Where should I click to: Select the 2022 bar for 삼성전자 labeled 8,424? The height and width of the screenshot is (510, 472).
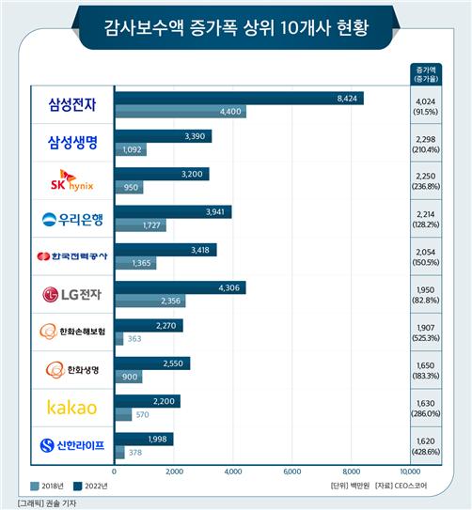[x=239, y=98]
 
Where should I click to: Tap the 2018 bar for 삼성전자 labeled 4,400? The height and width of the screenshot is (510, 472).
[x=180, y=112]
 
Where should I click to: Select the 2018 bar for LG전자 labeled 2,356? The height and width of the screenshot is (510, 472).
[x=149, y=301]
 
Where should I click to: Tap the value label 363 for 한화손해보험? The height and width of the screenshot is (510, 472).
[x=134, y=339]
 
